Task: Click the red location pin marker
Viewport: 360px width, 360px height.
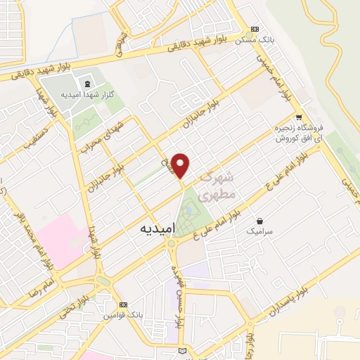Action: pyautogui.click(x=182, y=165)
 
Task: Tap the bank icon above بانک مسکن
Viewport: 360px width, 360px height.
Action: pyautogui.click(x=255, y=29)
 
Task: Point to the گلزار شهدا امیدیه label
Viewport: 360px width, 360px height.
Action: pyautogui.click(x=88, y=94)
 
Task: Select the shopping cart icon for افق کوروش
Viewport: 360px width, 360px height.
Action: pyautogui.click(x=300, y=117)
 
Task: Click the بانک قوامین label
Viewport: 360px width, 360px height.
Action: pyautogui.click(x=124, y=316)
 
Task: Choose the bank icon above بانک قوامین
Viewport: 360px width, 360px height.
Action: pyautogui.click(x=124, y=304)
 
